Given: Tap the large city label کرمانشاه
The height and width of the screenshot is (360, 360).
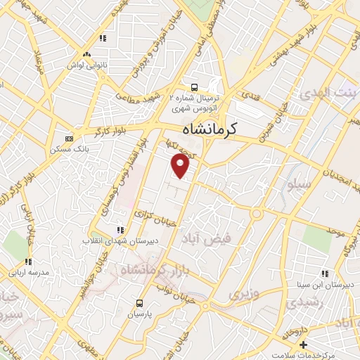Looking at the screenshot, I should pos(210,129).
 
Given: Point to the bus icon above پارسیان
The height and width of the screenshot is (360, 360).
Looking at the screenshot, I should pos(139,303).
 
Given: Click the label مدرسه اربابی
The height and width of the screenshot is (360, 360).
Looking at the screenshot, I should pos(28,271).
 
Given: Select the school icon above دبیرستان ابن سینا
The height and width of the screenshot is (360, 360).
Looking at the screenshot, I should pos(324,273).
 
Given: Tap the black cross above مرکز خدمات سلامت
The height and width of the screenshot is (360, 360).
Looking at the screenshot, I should pos(303,345).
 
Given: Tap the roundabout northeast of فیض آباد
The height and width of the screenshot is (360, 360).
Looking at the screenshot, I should pos(258,214).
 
